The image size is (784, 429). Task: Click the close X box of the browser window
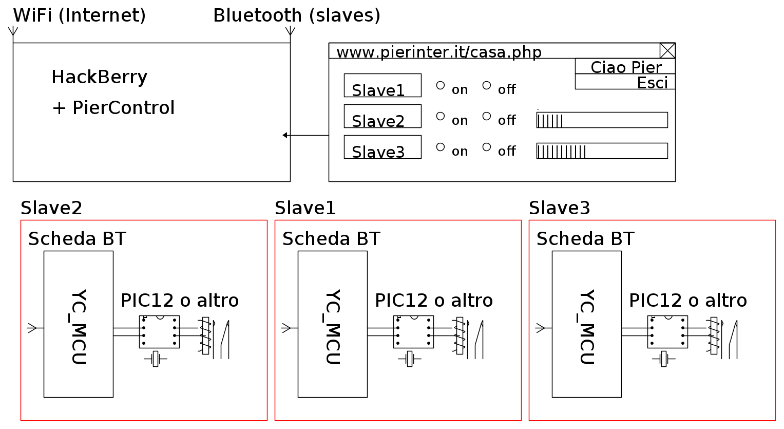tap(667, 50)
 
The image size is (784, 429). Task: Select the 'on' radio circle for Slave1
tap(441, 85)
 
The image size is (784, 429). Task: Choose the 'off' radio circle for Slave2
tap(487, 116)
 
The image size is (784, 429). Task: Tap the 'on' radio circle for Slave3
tap(441, 147)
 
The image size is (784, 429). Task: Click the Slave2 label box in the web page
tap(383, 116)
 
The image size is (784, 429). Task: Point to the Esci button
tap(625, 82)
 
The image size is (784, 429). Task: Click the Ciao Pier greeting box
tap(625, 66)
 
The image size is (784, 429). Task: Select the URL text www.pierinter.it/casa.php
tap(438, 52)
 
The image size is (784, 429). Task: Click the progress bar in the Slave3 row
tap(602, 151)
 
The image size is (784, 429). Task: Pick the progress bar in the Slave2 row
tap(602, 120)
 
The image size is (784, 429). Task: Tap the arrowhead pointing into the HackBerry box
tap(285, 135)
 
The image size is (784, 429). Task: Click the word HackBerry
tap(99, 77)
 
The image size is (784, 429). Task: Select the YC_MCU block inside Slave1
tap(332, 324)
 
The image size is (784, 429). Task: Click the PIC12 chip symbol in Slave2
tap(159, 332)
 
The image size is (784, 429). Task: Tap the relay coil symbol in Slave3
tap(714, 335)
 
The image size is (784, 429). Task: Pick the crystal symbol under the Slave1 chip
tap(409, 359)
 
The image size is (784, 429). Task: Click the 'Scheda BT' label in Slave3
tap(585, 239)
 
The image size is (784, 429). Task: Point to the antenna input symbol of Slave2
tap(32, 328)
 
